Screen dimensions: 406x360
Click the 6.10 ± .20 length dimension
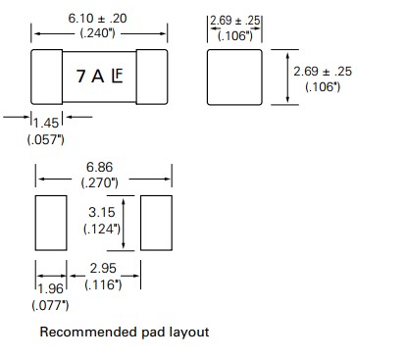point(98,17)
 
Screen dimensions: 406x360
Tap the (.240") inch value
point(98,33)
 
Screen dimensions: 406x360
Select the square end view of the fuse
point(235,77)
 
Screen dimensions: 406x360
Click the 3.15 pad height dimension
point(103,211)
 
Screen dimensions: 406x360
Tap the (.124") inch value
point(103,229)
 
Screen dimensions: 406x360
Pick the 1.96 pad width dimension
point(50,289)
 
